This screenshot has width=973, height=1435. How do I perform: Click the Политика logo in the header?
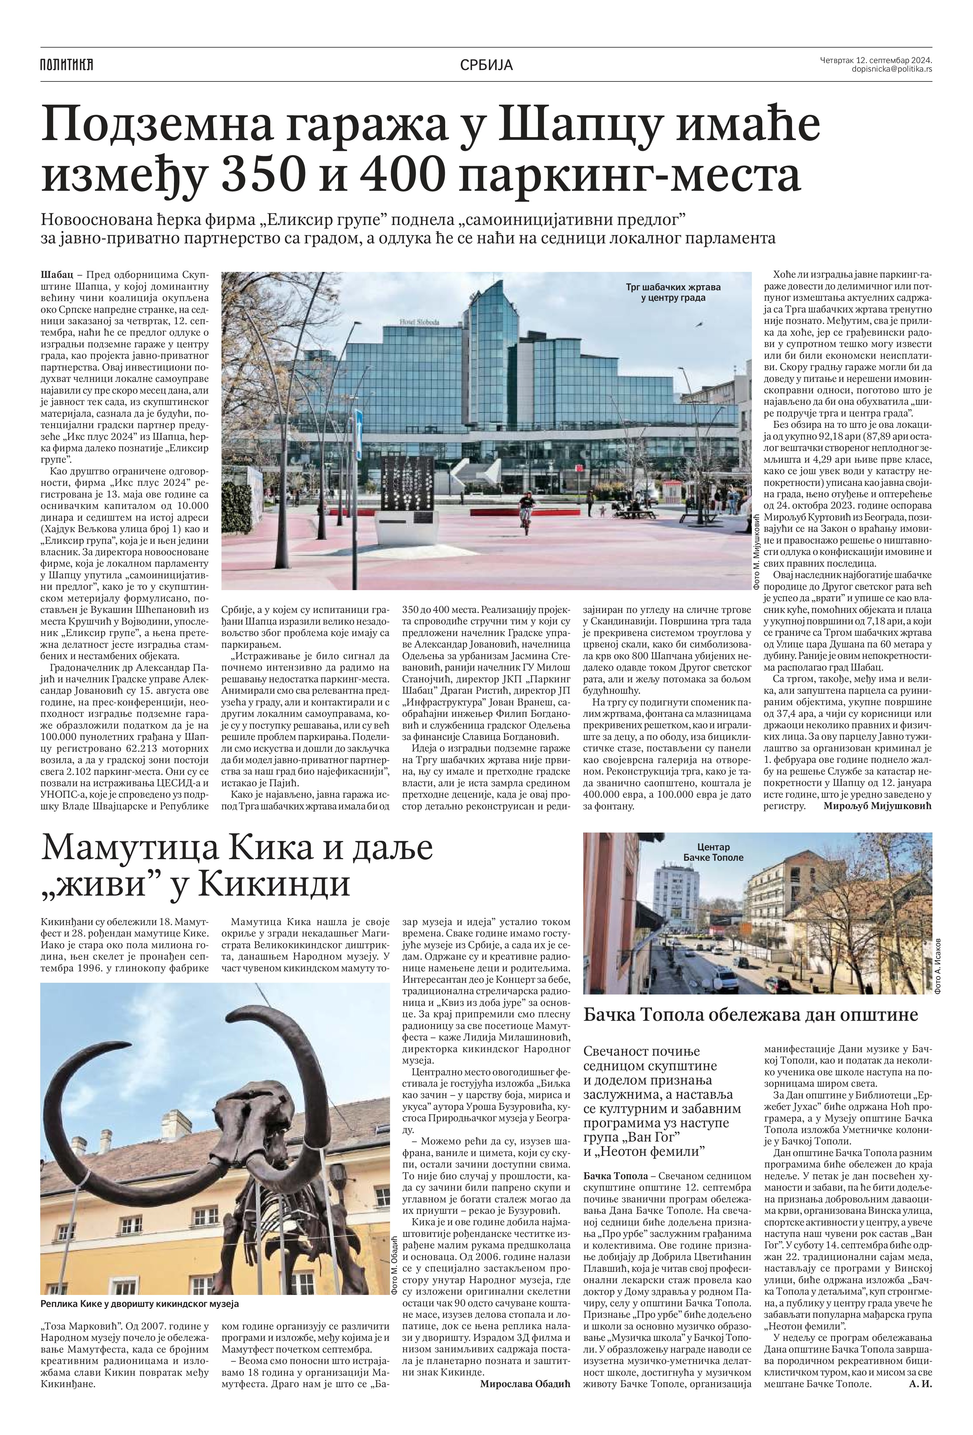(67, 65)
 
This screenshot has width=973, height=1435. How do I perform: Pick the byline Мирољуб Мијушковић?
(877, 806)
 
